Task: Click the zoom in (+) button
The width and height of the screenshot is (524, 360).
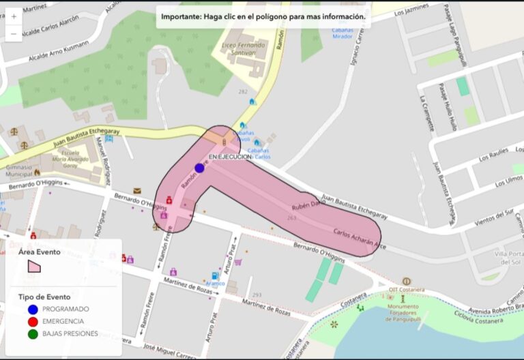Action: [x=14, y=16]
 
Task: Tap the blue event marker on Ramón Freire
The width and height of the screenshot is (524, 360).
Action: [x=199, y=168]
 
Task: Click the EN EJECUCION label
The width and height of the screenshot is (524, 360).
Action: [x=230, y=157]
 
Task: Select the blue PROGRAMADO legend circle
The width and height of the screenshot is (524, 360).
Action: [x=33, y=309]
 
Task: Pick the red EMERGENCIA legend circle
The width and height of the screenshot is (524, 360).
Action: [x=33, y=321]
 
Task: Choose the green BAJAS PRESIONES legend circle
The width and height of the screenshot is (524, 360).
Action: [x=33, y=333]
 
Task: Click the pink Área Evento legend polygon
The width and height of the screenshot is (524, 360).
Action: [x=33, y=266]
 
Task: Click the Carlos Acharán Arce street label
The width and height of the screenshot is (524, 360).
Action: [x=359, y=239]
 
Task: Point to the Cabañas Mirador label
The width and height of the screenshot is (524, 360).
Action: [x=343, y=33]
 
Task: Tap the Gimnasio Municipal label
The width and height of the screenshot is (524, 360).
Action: [x=18, y=170]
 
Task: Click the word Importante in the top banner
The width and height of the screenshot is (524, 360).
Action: [x=180, y=15]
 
